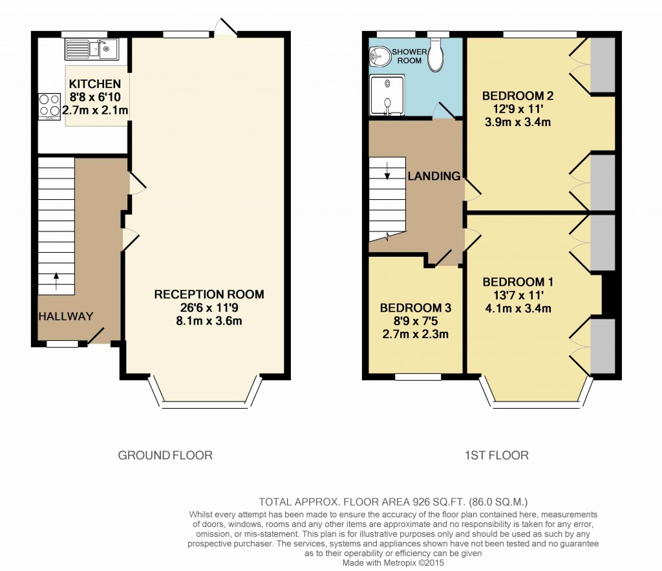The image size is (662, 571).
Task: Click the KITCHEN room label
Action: tap(95, 84)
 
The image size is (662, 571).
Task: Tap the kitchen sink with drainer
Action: tap(91, 49)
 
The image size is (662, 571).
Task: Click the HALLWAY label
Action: tap(65, 316)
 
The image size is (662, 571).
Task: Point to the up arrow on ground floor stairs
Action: tap(55, 280)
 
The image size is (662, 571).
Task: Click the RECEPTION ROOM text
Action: tap(209, 294)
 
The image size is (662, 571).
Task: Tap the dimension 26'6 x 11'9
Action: tap(209, 308)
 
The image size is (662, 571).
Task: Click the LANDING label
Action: tap(433, 176)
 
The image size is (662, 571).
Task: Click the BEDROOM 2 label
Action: tap(518, 96)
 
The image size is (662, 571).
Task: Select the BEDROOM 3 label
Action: tap(415, 308)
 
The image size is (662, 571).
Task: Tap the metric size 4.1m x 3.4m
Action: tap(517, 308)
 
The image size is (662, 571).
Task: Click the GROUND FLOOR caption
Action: tap(165, 455)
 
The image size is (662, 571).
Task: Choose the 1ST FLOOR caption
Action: tap(496, 455)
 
